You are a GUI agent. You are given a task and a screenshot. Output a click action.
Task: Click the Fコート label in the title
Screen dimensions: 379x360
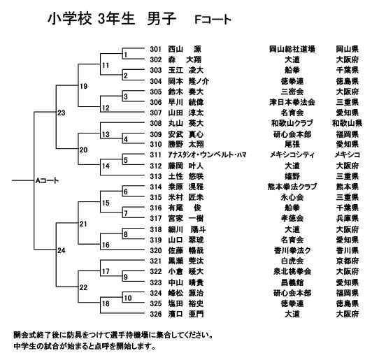click(x=213, y=20)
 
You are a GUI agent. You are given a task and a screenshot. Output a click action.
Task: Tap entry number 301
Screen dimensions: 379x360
click(x=155, y=50)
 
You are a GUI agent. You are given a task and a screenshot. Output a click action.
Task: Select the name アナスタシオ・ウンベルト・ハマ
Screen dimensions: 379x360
click(x=207, y=154)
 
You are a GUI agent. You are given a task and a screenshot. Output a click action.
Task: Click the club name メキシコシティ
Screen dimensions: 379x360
click(x=292, y=154)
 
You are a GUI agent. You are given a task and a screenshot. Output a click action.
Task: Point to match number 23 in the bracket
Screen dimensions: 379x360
click(x=62, y=113)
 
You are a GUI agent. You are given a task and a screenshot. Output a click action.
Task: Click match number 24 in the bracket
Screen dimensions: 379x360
click(x=62, y=250)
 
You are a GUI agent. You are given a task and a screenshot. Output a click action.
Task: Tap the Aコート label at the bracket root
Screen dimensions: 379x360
click(x=47, y=181)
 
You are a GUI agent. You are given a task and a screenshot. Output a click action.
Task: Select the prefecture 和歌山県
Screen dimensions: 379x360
click(x=347, y=123)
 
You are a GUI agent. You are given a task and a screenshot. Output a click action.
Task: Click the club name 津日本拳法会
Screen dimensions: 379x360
click(x=292, y=102)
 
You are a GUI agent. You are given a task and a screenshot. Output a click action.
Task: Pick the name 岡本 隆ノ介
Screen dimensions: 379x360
click(x=189, y=81)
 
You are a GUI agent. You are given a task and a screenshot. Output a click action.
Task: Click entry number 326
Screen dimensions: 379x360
click(x=155, y=314)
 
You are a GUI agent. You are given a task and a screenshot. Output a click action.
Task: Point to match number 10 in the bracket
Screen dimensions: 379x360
click(x=128, y=298)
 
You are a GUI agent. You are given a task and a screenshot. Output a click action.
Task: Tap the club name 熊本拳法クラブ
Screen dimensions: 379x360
click(x=292, y=187)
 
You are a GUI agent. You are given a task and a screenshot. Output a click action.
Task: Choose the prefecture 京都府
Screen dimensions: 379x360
click(x=347, y=261)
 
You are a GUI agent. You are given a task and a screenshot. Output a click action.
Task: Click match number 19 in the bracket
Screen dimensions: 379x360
click(x=84, y=86)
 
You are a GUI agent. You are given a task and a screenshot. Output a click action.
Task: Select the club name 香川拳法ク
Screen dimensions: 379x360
click(x=292, y=250)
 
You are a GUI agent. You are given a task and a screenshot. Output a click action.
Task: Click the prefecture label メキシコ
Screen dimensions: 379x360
click(x=347, y=154)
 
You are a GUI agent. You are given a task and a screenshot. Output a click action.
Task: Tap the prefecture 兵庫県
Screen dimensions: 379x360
click(x=347, y=218)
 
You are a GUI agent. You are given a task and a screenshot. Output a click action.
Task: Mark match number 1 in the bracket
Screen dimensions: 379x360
click(x=125, y=55)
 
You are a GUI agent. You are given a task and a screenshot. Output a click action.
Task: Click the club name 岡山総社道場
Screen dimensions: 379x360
click(x=292, y=50)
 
